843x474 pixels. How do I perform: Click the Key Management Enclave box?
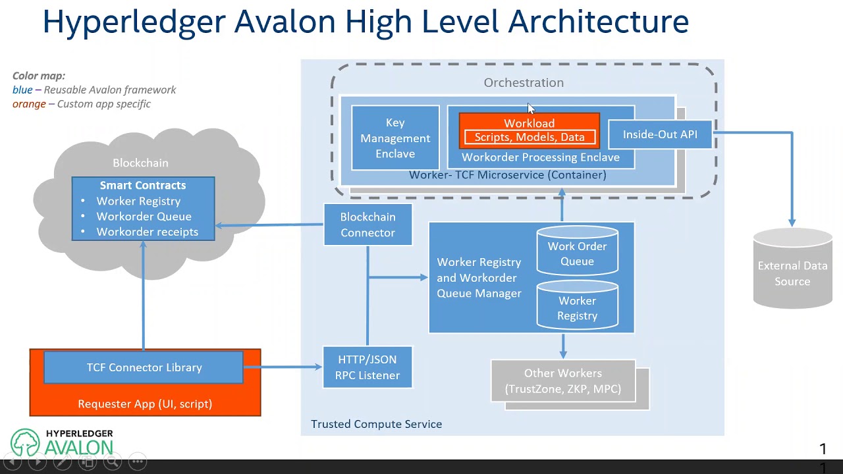(395, 138)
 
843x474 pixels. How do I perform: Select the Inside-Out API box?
(660, 134)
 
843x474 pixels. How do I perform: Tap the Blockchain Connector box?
(367, 224)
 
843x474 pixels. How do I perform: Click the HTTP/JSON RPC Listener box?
(367, 367)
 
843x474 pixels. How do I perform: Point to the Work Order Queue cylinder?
(577, 253)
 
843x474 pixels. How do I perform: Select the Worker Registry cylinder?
(577, 308)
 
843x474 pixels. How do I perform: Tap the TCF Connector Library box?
(144, 367)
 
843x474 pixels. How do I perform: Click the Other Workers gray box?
(563, 381)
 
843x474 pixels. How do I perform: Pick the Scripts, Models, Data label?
(530, 137)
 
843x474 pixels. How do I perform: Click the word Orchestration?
(524, 82)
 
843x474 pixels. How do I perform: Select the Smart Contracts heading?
(143, 186)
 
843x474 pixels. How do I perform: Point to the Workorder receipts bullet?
(147, 232)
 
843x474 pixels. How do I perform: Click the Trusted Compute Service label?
(376, 424)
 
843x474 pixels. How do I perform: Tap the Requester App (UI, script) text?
(145, 404)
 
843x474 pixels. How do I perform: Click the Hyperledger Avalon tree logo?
(25, 443)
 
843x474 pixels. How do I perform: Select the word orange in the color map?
(29, 104)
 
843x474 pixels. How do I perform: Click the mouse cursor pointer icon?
(531, 109)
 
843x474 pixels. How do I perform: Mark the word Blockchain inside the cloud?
(140, 163)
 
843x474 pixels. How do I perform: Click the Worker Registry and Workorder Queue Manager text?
(479, 278)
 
